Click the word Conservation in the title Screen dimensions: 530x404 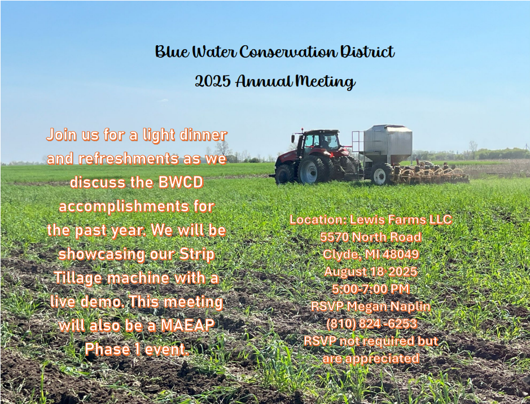[288, 52]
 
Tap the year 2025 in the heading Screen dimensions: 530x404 [213, 81]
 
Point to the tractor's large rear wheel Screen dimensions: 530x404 [311, 170]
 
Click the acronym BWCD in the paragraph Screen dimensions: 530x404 [181, 183]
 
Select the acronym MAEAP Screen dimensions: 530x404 [187, 325]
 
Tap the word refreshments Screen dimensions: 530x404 [129, 159]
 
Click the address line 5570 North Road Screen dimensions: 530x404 [371, 237]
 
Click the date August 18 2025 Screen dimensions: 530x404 [371, 272]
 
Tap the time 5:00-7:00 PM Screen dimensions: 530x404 [371, 289]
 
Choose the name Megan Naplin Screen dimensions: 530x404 [389, 307]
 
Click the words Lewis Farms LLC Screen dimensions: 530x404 [401, 220]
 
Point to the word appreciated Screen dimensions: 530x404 [382, 359]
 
